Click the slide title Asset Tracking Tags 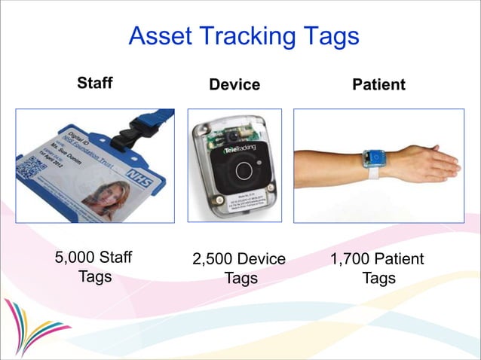tap(243, 36)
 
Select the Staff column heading tap(95, 83)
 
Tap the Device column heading tap(234, 85)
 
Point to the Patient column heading tap(378, 85)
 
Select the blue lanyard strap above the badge tap(158, 118)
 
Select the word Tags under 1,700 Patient tap(378, 279)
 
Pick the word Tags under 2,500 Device tap(240, 279)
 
